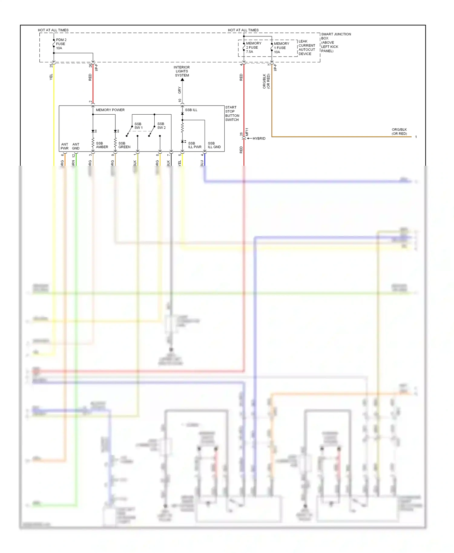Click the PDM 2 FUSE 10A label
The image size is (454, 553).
(x=61, y=44)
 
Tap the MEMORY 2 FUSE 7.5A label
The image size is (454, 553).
(x=253, y=47)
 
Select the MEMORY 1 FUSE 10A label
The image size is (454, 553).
(x=281, y=48)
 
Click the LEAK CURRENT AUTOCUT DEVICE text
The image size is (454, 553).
(x=307, y=47)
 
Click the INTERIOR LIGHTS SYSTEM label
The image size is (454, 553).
(x=182, y=71)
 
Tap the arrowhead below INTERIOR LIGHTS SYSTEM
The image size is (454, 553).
(x=182, y=80)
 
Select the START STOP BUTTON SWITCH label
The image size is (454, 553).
(x=232, y=113)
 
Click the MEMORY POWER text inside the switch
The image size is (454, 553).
(x=110, y=110)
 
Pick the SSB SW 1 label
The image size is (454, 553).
(x=138, y=126)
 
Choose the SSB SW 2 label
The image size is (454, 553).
(x=161, y=126)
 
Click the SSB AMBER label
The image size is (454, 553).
(x=102, y=145)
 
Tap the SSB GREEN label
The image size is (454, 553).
(x=124, y=145)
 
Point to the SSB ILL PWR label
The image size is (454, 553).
(x=194, y=145)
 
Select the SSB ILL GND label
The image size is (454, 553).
(x=214, y=145)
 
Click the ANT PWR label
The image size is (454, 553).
(x=64, y=146)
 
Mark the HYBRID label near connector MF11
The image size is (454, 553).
(x=259, y=139)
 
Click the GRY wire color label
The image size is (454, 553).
(x=179, y=90)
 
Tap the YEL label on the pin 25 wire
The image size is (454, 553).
(x=51, y=77)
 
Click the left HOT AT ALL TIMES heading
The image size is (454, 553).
(x=53, y=30)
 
